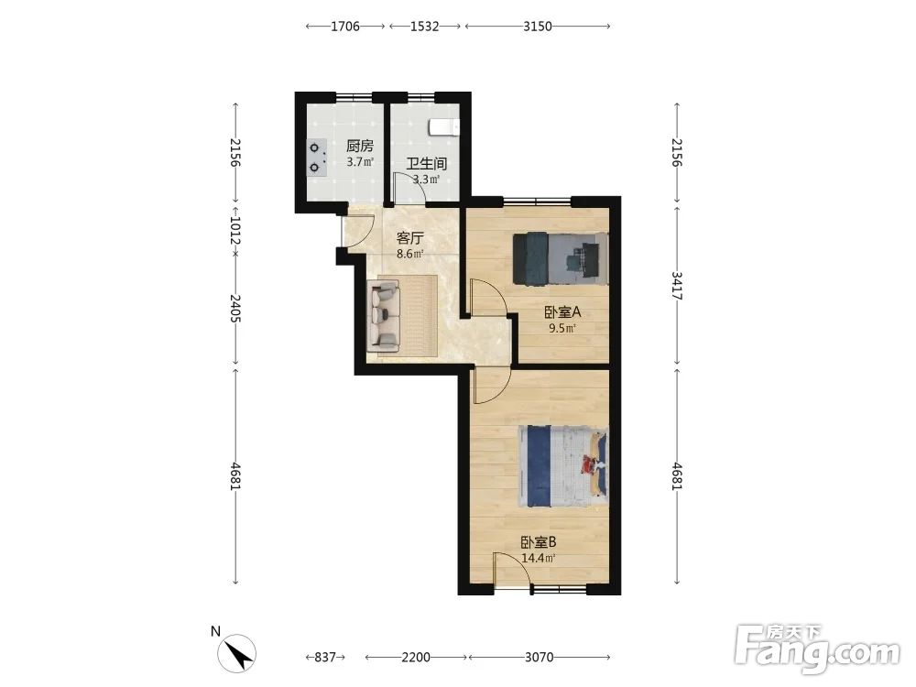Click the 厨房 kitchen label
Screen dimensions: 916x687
click(359, 146)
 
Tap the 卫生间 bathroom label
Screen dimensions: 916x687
click(427, 163)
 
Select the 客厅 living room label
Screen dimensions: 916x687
click(409, 238)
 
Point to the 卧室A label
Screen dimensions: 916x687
click(562, 312)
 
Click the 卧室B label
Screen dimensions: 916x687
click(539, 542)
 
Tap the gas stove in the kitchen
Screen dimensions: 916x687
click(316, 158)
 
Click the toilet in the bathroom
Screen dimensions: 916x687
click(444, 126)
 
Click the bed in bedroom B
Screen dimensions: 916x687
click(563, 465)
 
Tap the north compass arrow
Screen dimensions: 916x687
click(236, 652)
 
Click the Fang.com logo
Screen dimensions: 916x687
click(817, 649)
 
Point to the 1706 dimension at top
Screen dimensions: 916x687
click(345, 27)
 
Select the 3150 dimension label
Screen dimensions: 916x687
click(538, 27)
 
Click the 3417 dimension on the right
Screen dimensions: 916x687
click(677, 286)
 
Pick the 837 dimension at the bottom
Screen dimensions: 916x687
click(325, 657)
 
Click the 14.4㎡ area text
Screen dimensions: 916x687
click(538, 558)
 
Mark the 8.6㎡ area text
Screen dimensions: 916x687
click(409, 254)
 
